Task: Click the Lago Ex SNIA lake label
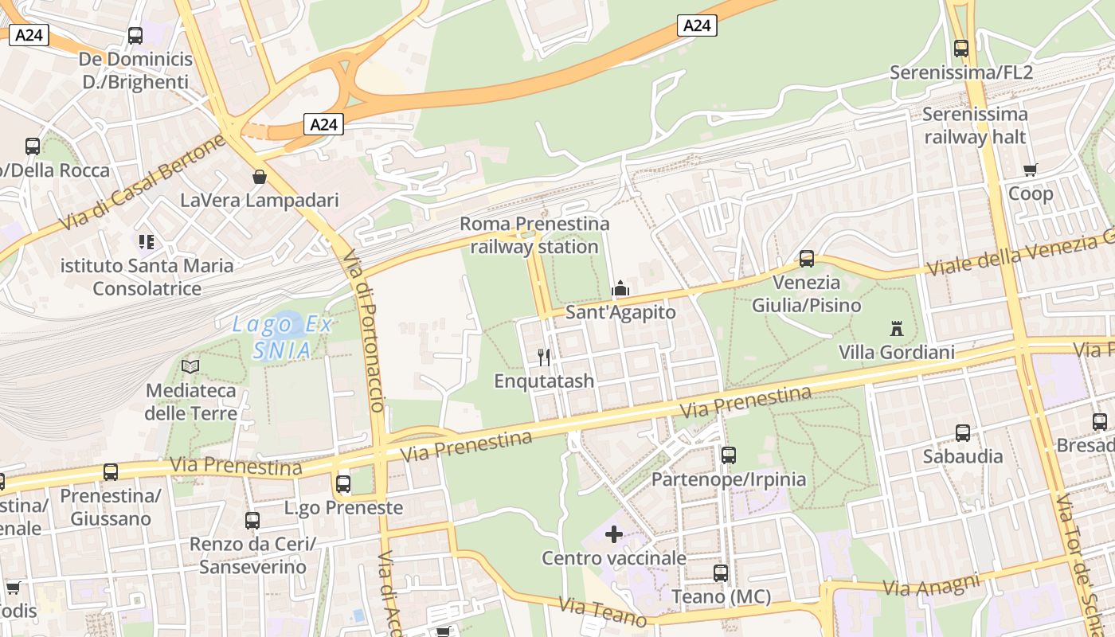click(x=282, y=337)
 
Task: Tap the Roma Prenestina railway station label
click(x=534, y=235)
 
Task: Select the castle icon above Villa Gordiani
click(x=897, y=328)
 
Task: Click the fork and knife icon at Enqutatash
click(x=544, y=356)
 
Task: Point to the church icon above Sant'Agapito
click(x=620, y=288)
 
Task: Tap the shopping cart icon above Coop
click(x=1031, y=170)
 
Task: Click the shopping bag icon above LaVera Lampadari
click(x=259, y=176)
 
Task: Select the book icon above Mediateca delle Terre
click(x=190, y=366)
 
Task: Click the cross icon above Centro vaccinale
click(x=614, y=533)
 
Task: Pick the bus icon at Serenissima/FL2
click(x=961, y=48)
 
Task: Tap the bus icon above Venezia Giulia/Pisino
click(x=807, y=258)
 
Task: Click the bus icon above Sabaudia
click(x=963, y=432)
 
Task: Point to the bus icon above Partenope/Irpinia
click(x=729, y=455)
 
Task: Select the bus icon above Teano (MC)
click(x=721, y=573)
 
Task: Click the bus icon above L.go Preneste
click(x=343, y=483)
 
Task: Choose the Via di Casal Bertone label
click(x=143, y=184)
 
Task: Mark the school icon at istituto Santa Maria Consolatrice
click(x=146, y=241)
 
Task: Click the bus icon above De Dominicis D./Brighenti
click(x=135, y=35)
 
